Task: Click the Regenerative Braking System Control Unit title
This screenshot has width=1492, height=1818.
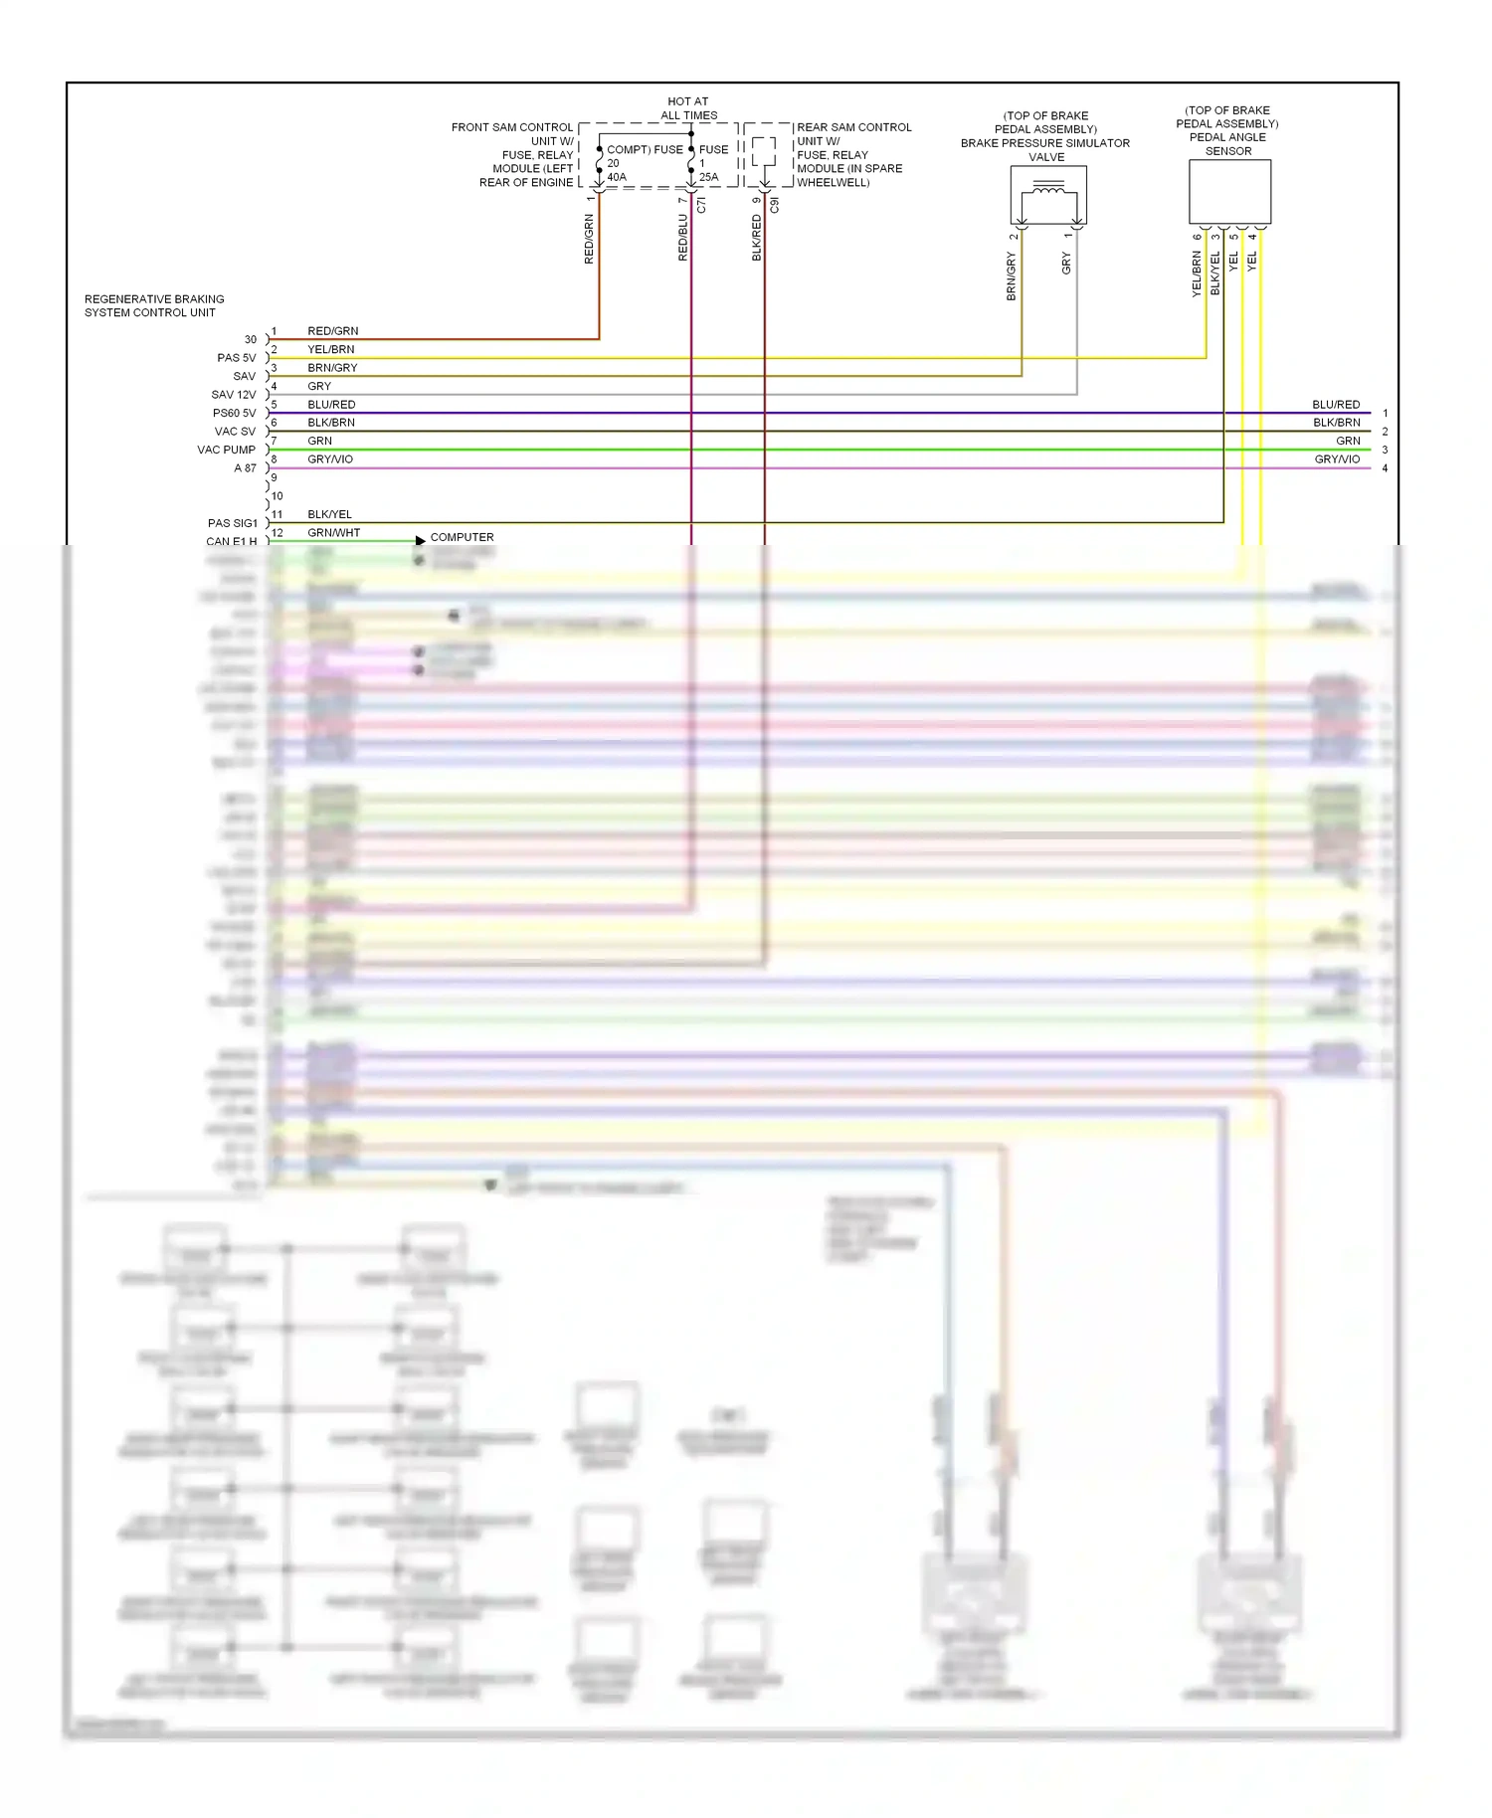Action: click(153, 305)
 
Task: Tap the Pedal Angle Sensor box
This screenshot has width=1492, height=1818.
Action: click(1229, 191)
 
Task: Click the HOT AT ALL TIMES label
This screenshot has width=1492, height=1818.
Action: click(688, 107)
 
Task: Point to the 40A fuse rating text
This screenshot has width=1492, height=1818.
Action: click(617, 177)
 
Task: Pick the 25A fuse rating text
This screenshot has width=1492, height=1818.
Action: click(708, 177)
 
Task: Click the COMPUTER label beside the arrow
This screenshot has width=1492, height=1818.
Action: click(462, 537)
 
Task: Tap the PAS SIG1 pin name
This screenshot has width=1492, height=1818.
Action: click(232, 523)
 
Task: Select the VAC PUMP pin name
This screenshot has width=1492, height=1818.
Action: click(226, 450)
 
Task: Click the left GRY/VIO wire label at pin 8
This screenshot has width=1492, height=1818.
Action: click(330, 459)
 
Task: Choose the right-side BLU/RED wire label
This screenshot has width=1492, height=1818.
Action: click(1335, 405)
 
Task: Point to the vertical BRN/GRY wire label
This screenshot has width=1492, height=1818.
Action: click(1012, 275)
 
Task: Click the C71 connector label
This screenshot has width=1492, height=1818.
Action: click(701, 205)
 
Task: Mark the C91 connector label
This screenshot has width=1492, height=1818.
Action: click(775, 205)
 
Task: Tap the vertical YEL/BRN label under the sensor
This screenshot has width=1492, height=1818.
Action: click(1197, 273)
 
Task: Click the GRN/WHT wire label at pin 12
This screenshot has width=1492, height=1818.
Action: click(333, 533)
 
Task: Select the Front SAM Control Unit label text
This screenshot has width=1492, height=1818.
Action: click(512, 154)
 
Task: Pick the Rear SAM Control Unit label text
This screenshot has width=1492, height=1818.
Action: click(852, 154)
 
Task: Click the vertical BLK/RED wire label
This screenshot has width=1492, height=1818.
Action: click(757, 238)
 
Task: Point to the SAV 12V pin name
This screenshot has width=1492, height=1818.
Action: click(233, 395)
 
